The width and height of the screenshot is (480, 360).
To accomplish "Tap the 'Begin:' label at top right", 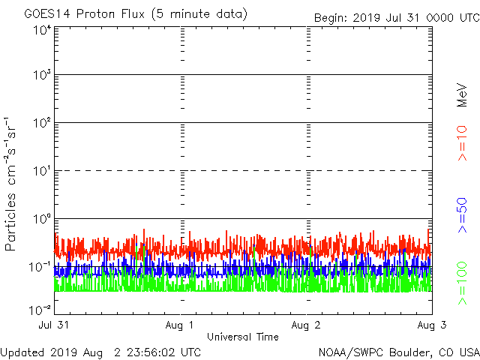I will pos(329,18).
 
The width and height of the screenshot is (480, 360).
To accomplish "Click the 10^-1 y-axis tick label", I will pos(40,266).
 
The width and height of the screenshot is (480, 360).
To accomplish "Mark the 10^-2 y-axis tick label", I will pos(40,309).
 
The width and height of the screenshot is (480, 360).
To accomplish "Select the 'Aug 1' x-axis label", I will pos(180,325).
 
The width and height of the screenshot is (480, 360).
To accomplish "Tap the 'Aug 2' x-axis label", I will pos(306,325).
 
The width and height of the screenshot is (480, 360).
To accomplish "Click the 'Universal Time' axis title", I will pos(242,337).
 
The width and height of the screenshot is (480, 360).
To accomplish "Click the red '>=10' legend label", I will pos(463,142).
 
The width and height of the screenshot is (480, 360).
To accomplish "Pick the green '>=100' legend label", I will pos(463,283).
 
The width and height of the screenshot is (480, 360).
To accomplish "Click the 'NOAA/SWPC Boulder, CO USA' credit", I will pos(398,351).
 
